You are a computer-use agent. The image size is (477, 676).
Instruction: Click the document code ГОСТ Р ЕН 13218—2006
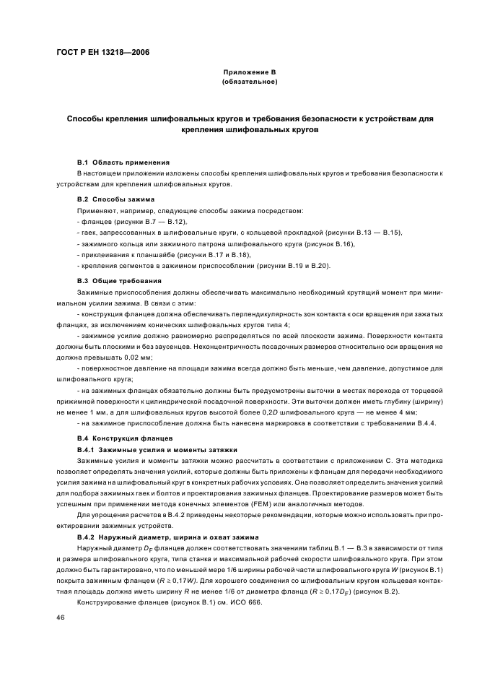coord(102,53)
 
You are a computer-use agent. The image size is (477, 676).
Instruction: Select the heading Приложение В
coord(249,73)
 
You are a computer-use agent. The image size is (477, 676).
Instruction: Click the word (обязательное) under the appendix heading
coord(249,82)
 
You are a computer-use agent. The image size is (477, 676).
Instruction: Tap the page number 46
coord(61,617)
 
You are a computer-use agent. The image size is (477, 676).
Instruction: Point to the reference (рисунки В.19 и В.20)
coord(290,267)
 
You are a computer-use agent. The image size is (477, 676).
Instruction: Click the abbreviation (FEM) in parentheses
coord(275,504)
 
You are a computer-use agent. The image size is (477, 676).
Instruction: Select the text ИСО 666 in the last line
coord(247,603)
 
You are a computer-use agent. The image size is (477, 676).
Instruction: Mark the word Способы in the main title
coord(87,118)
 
